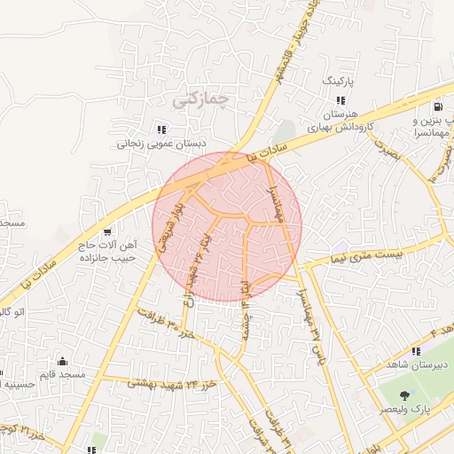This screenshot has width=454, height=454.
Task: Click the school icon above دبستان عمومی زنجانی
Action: point(160,128)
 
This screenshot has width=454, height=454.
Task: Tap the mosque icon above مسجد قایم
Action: point(62,361)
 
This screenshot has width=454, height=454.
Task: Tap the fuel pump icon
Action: point(442,106)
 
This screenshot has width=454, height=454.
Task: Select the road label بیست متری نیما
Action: point(358,254)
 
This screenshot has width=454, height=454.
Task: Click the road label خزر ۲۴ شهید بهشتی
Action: point(173,383)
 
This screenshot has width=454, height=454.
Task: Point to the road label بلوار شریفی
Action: point(169,229)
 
